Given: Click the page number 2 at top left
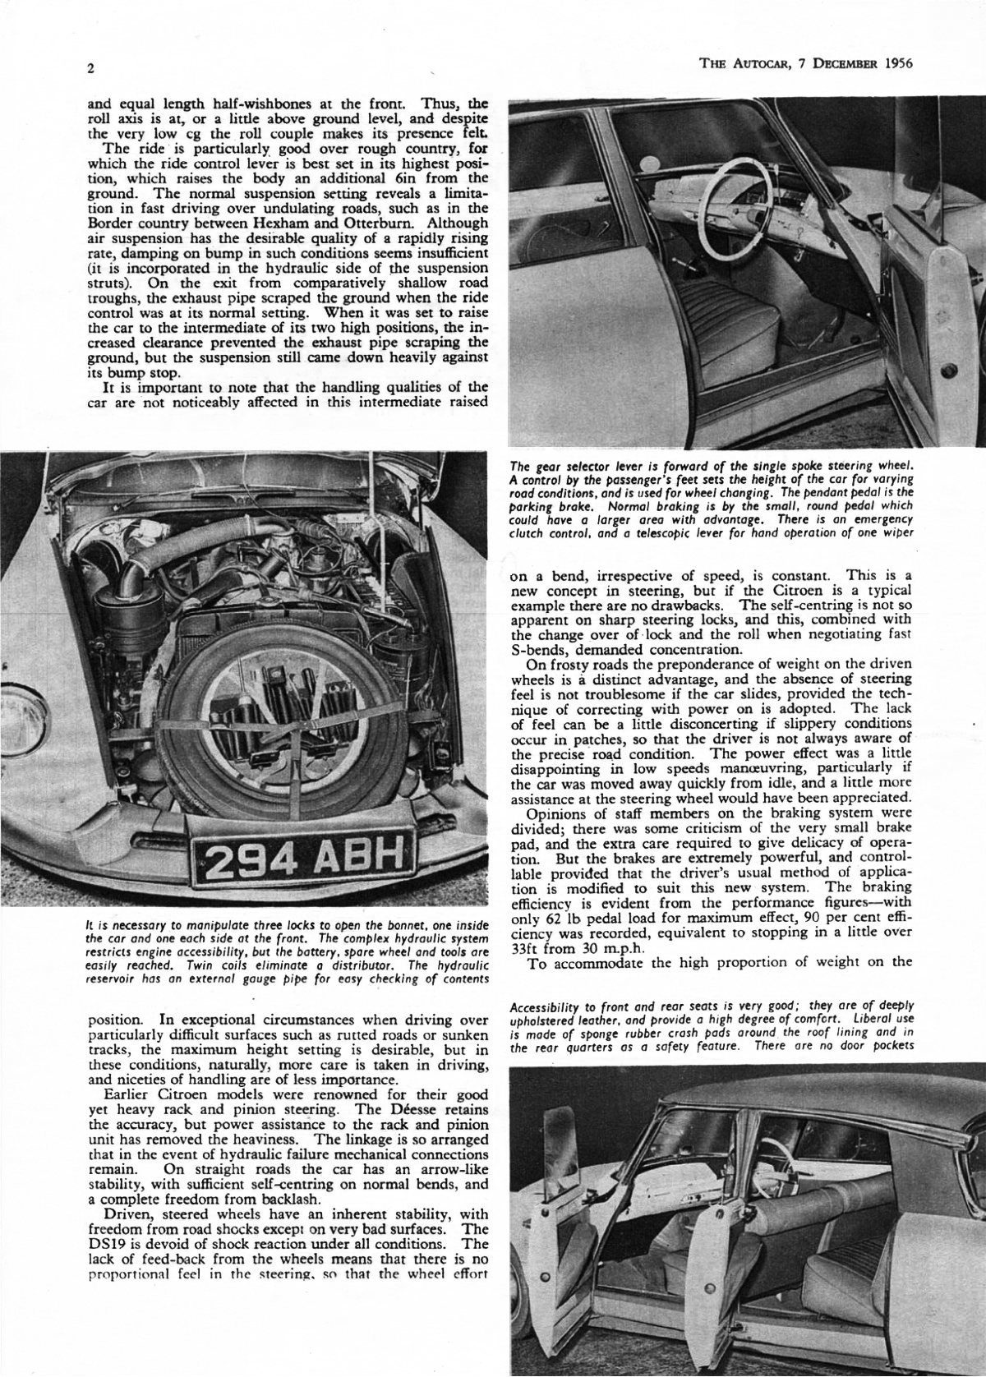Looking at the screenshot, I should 90,69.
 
